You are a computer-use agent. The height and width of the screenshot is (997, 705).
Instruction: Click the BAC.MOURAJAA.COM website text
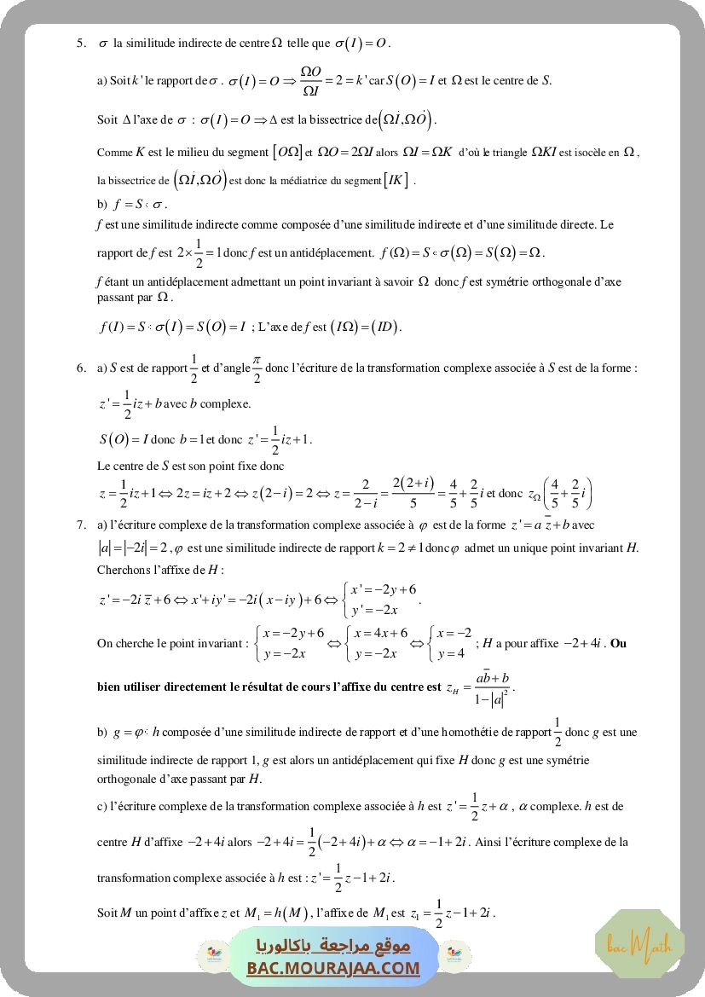[x=334, y=968]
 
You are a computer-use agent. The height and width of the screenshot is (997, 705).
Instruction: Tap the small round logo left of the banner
[x=210, y=956]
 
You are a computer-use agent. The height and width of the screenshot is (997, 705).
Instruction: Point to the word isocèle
[x=581, y=152]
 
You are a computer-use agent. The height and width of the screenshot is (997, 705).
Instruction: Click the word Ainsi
[x=488, y=842]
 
